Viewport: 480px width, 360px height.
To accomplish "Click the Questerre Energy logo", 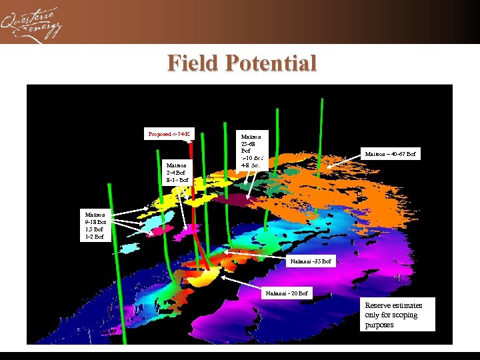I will coord(31,23).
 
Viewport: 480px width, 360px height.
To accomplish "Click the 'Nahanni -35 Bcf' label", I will coord(311,261).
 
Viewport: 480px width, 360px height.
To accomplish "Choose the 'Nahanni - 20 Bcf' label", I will coord(287,293).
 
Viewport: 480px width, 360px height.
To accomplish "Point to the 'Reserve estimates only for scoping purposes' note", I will coord(398,315).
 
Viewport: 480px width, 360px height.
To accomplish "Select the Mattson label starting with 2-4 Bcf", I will coord(177,172).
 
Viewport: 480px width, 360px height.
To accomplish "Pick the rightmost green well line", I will coord(322,133).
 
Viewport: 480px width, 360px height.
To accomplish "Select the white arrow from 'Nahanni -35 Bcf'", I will coord(257,254).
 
